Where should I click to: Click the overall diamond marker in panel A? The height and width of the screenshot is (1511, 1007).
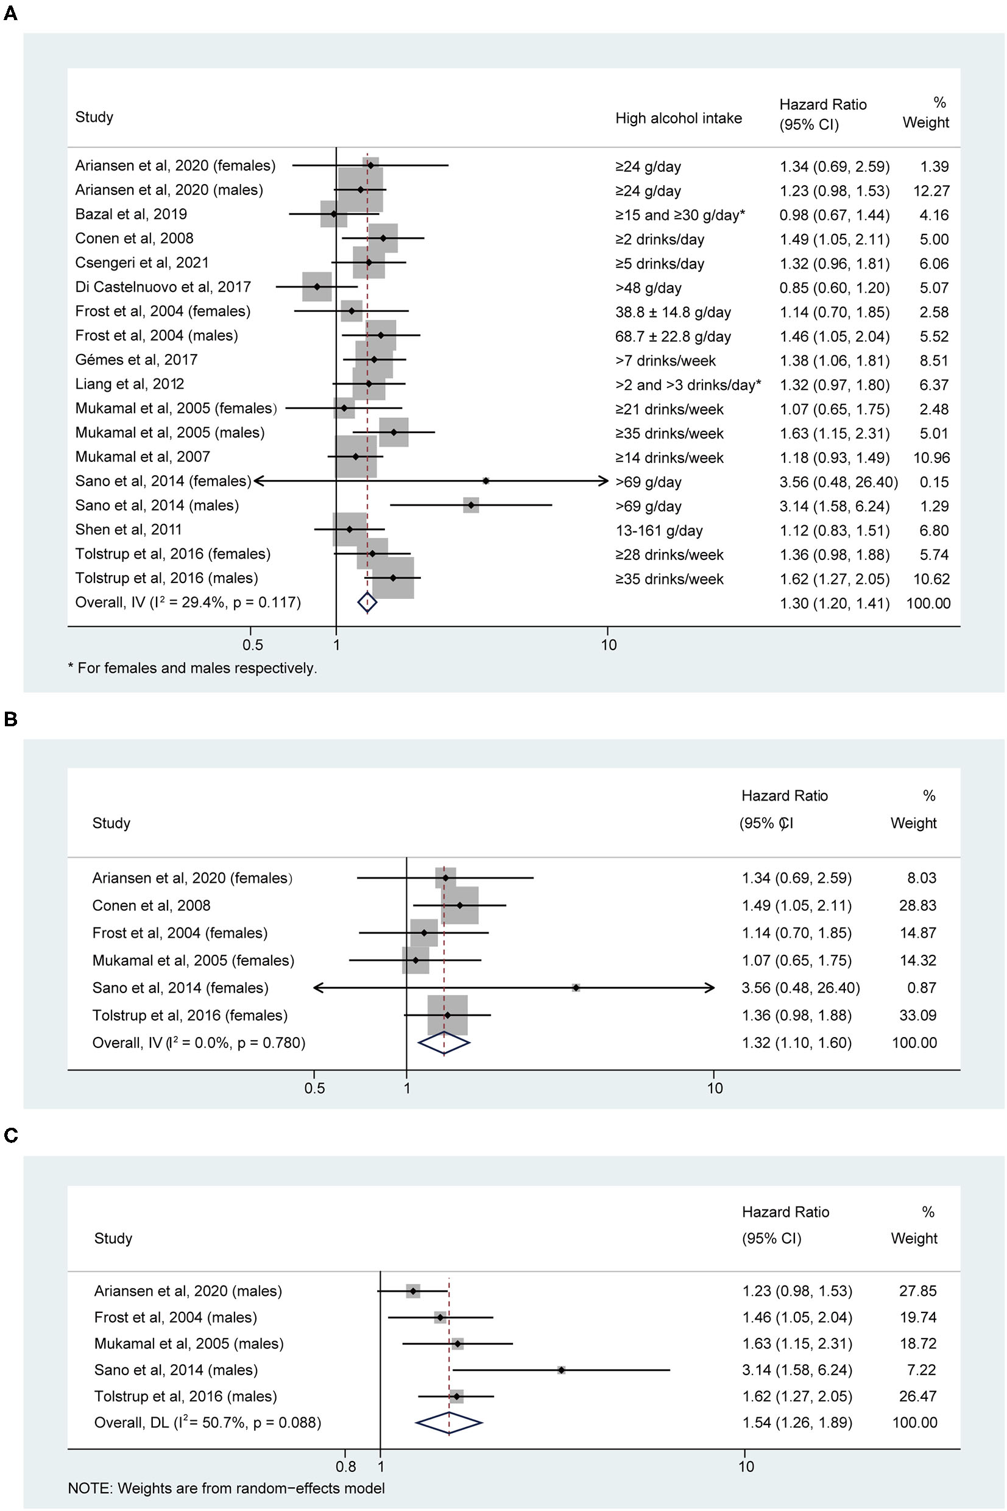click(x=367, y=603)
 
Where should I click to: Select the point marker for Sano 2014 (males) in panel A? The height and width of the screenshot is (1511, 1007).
click(x=472, y=505)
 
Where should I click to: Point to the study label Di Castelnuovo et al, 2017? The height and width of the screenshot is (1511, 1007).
click(x=163, y=287)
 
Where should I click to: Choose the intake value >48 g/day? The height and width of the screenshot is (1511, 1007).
click(x=648, y=288)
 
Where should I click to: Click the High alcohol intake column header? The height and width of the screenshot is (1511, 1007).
click(x=678, y=118)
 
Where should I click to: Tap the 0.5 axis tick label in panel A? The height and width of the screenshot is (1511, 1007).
click(x=252, y=645)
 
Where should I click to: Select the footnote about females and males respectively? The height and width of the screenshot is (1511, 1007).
click(x=193, y=668)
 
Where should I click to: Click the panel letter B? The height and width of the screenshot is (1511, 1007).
click(x=10, y=719)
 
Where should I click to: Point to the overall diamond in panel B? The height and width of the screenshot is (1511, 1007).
click(x=443, y=1043)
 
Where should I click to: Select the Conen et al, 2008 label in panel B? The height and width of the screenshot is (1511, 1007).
click(x=152, y=905)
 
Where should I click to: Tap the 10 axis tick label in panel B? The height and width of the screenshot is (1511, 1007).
click(x=714, y=1088)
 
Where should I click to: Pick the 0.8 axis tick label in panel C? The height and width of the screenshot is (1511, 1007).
click(x=345, y=1467)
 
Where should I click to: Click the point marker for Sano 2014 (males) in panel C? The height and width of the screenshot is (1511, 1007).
click(x=561, y=1370)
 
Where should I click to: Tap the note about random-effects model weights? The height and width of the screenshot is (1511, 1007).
click(x=226, y=1488)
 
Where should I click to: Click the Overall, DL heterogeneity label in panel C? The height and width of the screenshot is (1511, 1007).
click(x=208, y=1423)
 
